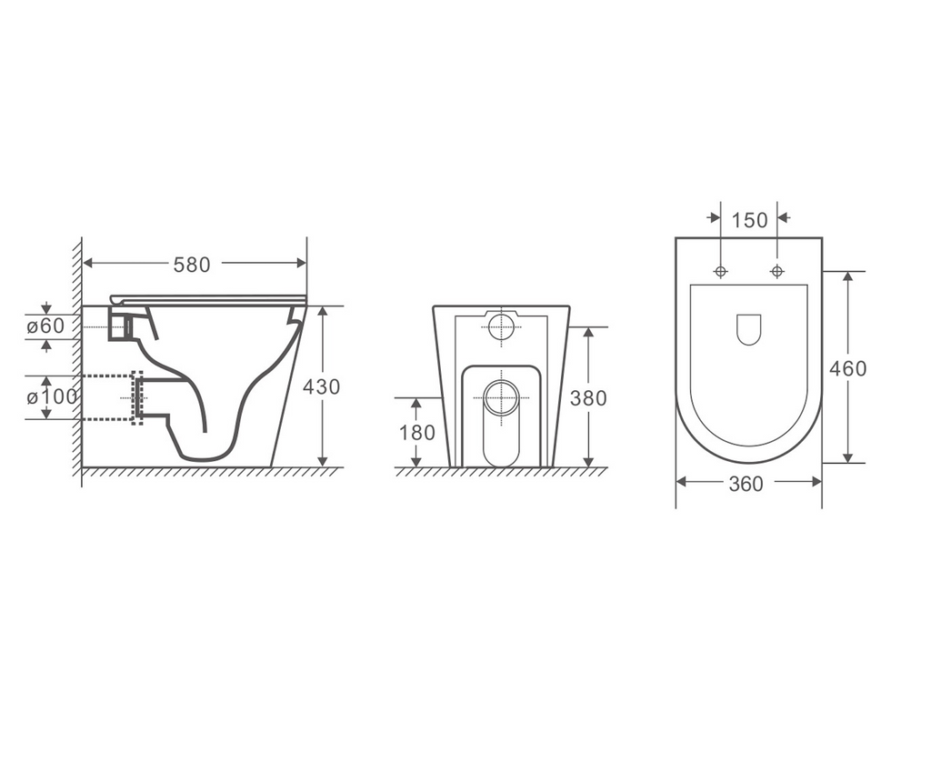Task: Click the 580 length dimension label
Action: pyautogui.click(x=192, y=265)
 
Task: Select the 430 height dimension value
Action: pyautogui.click(x=321, y=386)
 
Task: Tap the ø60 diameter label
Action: pyautogui.click(x=45, y=326)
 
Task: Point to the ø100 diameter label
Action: pyautogui.click(x=51, y=397)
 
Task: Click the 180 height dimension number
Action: pyautogui.click(x=417, y=433)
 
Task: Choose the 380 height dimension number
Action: pyautogui.click(x=588, y=398)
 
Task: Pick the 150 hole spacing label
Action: pyautogui.click(x=749, y=220)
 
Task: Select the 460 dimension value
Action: pyautogui.click(x=847, y=368)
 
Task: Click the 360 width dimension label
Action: pyautogui.click(x=746, y=485)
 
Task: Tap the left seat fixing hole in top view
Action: pyautogui.click(x=721, y=271)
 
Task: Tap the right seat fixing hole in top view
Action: pyautogui.click(x=777, y=271)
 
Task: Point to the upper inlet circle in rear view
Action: pyautogui.click(x=501, y=327)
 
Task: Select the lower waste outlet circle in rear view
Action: pyautogui.click(x=501, y=397)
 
